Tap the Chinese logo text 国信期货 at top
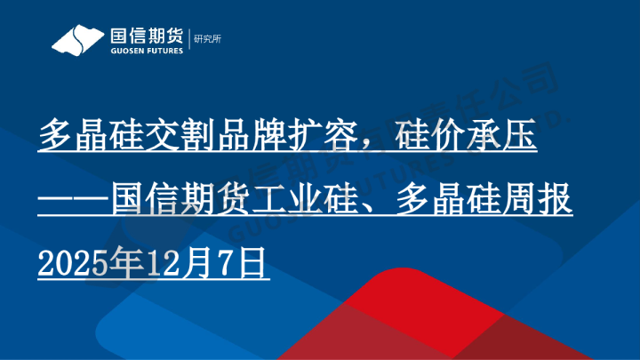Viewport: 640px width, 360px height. tap(145, 36)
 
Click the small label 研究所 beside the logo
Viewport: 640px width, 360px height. tap(206, 38)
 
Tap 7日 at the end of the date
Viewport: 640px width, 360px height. tap(241, 264)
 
